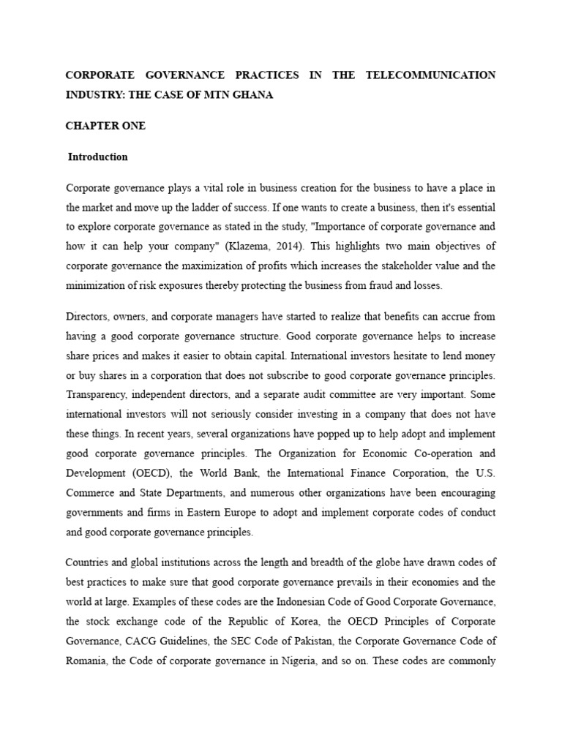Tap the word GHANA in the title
(251, 96)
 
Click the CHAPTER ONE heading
(105, 126)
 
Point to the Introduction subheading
(98, 157)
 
